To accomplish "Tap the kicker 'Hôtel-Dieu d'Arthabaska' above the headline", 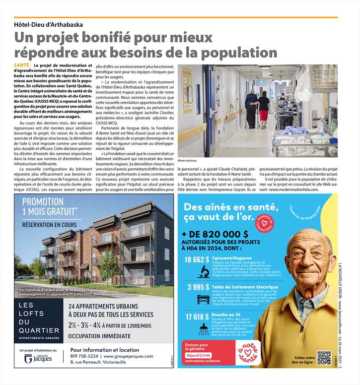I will coord(48,24).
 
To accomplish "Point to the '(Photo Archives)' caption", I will coord(188,161).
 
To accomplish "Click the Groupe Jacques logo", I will coord(42,359).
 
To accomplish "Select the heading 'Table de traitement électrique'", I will coord(238,286).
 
